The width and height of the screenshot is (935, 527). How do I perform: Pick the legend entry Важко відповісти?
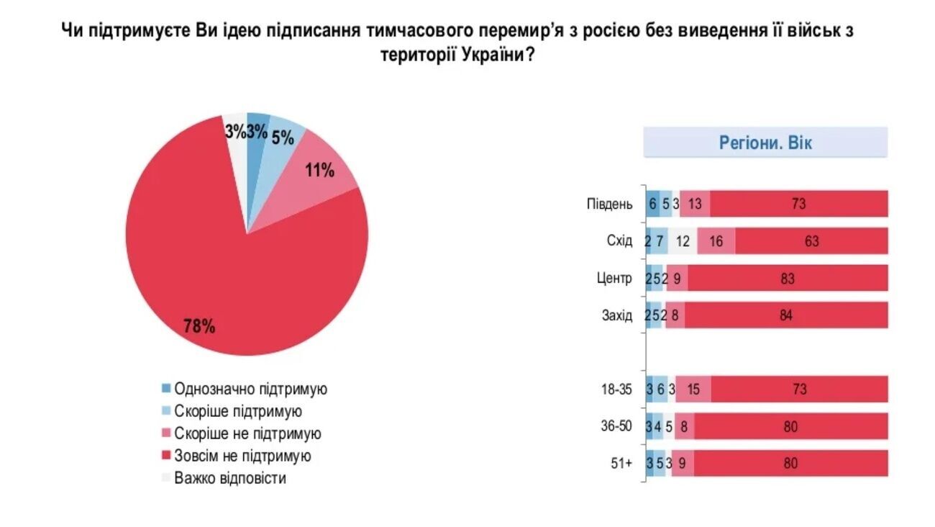click(230, 478)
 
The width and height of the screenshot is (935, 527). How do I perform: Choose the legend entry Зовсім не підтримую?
click(242, 456)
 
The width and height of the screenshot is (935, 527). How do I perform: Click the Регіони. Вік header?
click(765, 143)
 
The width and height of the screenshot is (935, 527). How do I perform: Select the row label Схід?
click(619, 241)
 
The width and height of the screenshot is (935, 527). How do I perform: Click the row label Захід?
click(617, 315)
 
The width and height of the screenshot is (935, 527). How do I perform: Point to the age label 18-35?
click(617, 389)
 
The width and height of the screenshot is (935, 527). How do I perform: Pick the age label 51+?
click(621, 464)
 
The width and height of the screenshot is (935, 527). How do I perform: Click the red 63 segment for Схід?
click(811, 241)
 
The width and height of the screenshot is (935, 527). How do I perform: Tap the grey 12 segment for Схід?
click(683, 241)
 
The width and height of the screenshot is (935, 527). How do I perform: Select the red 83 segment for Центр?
click(788, 279)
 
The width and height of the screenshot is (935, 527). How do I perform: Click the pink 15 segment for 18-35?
click(694, 389)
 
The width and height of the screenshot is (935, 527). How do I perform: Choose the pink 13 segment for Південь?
click(695, 204)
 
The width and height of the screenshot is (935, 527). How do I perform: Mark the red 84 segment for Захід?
click(786, 315)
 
